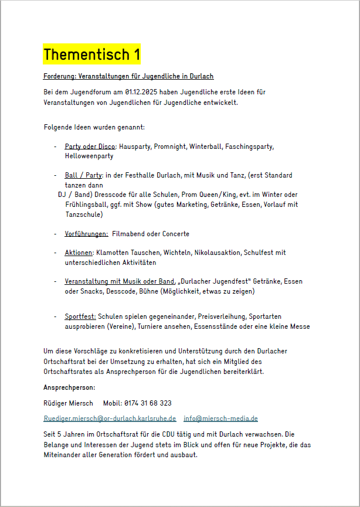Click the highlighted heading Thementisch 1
[x=92, y=55]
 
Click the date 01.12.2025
[x=142, y=92]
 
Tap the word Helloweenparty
[x=89, y=156]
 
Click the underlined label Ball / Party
[x=83, y=175]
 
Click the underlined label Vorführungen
[x=86, y=234]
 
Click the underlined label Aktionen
[x=79, y=253]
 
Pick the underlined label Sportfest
[x=80, y=317]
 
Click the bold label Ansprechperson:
[x=69, y=388]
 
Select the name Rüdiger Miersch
[x=68, y=403]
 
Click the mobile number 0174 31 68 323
[x=148, y=403]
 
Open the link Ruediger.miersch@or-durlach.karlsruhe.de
[x=110, y=418]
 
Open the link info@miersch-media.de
[x=220, y=418]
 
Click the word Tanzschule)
[x=84, y=215]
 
